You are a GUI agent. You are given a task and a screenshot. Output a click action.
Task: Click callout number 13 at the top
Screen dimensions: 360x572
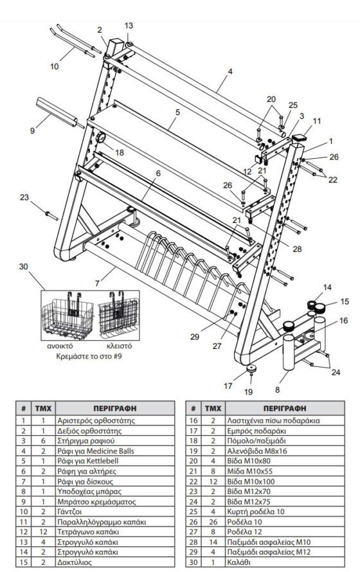[x=129, y=26]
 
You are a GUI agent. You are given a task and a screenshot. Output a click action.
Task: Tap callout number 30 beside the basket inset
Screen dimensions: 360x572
[x=23, y=267]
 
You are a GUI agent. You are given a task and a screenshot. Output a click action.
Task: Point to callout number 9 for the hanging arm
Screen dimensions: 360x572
[x=32, y=130]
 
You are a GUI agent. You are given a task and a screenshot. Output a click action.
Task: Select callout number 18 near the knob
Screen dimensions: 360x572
[x=120, y=152]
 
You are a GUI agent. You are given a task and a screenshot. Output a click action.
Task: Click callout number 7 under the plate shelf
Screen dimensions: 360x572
[x=97, y=283]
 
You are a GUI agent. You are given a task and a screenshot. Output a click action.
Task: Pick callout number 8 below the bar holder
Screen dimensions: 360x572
[x=278, y=389]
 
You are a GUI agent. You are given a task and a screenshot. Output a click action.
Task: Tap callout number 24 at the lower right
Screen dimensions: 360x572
[x=336, y=372]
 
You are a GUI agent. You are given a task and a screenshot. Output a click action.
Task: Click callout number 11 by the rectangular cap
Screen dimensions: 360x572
[x=316, y=121]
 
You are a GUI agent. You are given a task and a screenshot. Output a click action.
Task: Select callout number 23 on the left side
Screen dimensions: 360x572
[x=24, y=197]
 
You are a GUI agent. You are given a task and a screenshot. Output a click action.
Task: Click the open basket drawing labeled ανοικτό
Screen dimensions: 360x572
[x=68, y=316]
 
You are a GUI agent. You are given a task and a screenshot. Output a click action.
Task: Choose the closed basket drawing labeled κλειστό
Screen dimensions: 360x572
[x=118, y=314]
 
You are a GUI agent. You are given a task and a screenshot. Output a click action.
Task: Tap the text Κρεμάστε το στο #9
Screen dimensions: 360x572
[x=89, y=355]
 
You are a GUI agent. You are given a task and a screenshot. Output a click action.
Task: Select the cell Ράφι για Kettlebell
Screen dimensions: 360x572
[x=88, y=461]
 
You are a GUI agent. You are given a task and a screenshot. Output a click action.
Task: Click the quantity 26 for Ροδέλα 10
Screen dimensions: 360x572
[x=213, y=522]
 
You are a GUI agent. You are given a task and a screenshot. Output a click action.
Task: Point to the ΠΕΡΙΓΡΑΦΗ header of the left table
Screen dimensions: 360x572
[x=114, y=408]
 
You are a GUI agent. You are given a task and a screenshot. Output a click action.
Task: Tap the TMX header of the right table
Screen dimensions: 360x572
[x=213, y=408]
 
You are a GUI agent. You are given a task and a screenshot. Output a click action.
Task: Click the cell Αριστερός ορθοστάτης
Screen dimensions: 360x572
[x=96, y=420]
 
